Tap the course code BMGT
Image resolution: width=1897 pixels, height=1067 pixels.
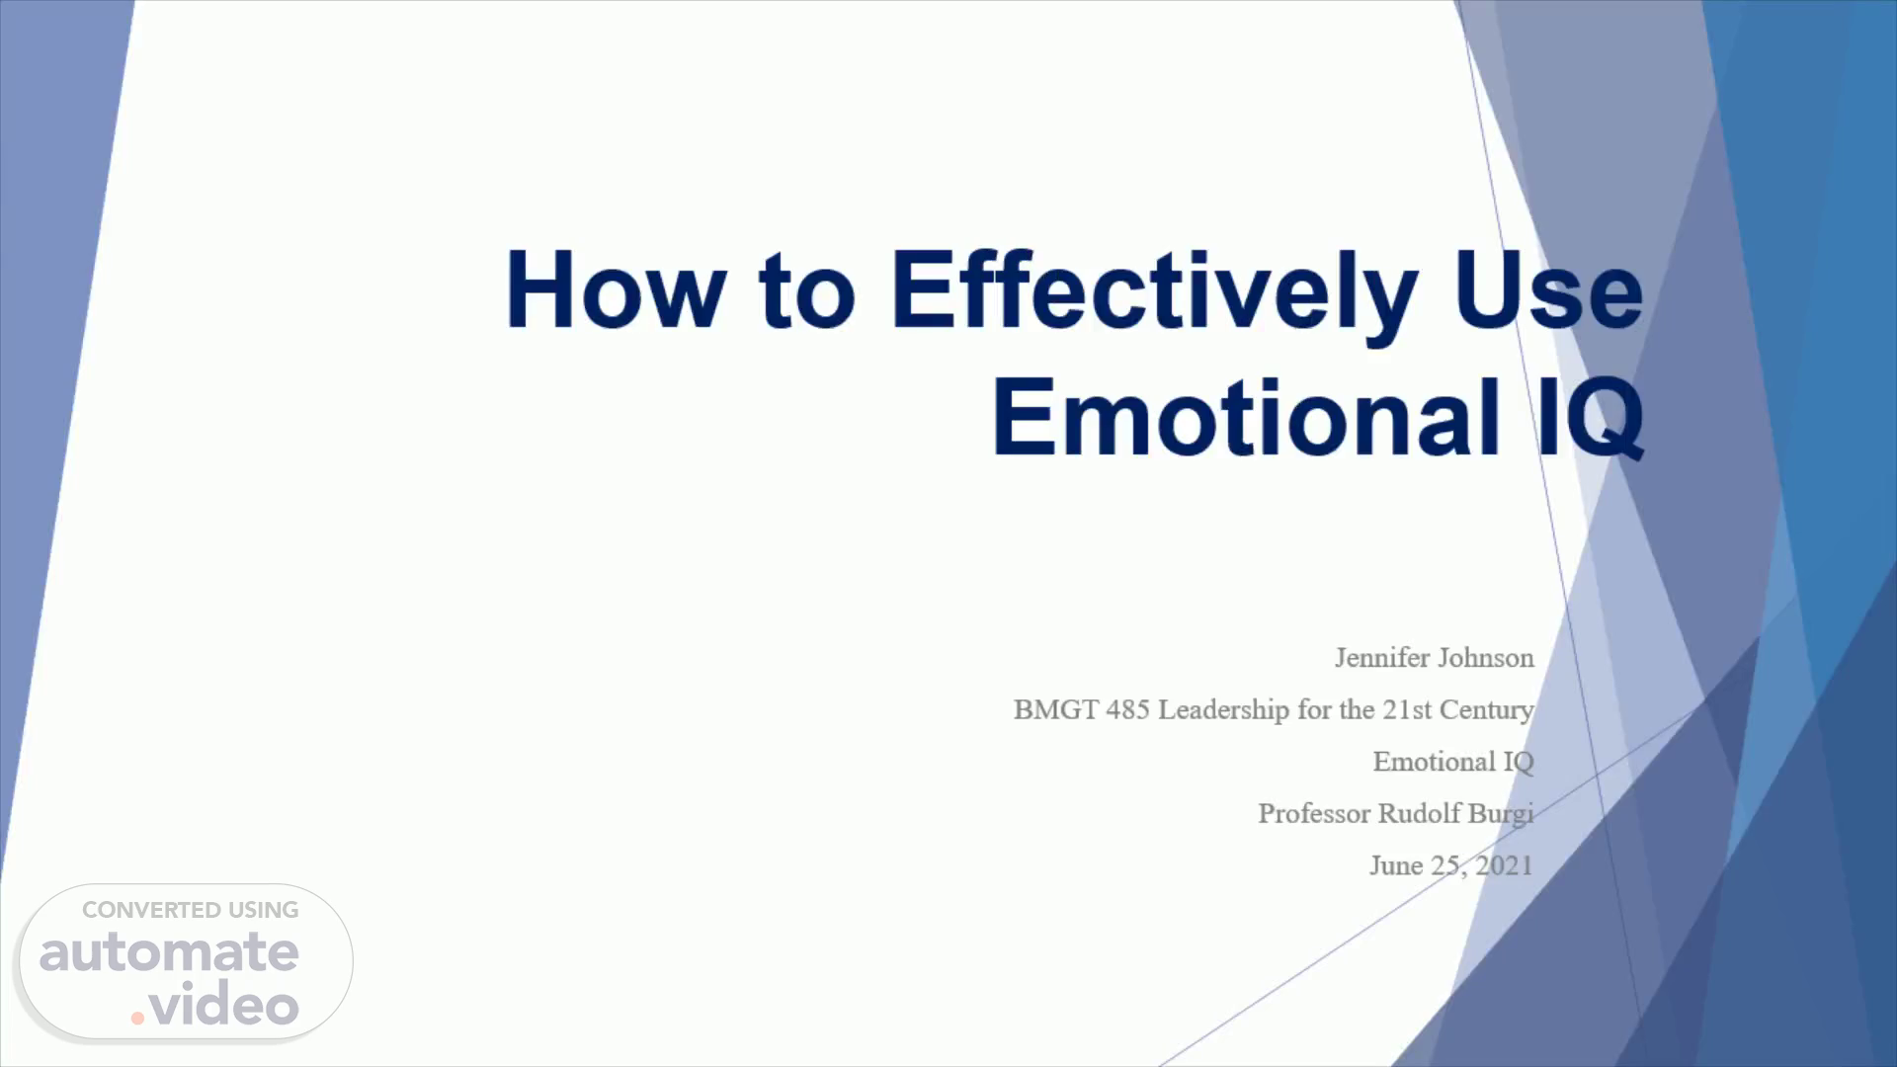(x=1056, y=709)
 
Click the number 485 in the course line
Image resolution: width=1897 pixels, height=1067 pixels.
(x=1127, y=709)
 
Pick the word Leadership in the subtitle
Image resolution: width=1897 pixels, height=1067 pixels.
(x=1224, y=710)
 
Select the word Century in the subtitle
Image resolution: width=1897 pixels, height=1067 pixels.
(x=1487, y=710)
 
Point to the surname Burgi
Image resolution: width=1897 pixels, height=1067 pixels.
(x=1501, y=814)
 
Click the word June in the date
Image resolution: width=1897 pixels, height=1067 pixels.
(x=1396, y=865)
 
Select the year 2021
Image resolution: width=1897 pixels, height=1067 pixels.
(x=1504, y=865)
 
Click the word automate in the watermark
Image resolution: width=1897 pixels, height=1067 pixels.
(x=169, y=951)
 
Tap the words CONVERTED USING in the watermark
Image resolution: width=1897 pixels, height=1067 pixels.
(x=190, y=910)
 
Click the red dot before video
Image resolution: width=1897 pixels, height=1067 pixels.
(x=137, y=1018)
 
